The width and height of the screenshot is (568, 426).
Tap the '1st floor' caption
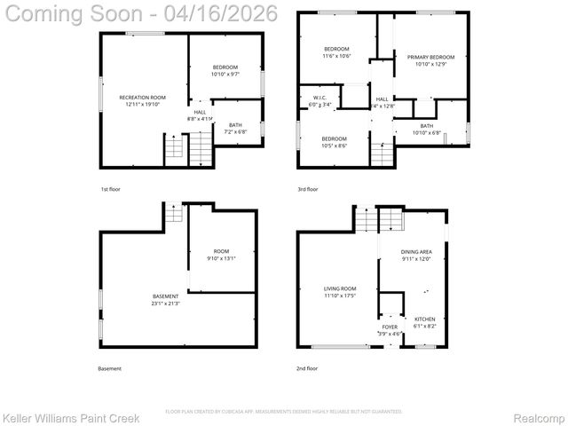[x=109, y=189]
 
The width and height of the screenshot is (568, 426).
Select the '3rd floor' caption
[x=307, y=189]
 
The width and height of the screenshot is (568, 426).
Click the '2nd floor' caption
[x=307, y=368]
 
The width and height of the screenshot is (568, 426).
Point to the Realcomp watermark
[x=535, y=416]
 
